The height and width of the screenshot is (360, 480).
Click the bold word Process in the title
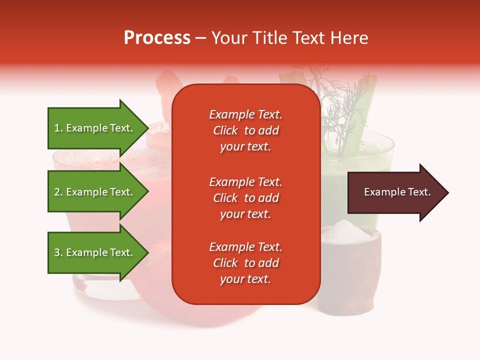click(x=157, y=38)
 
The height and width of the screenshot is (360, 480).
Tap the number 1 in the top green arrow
click(x=57, y=128)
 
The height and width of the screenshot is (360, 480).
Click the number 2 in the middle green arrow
click(x=57, y=192)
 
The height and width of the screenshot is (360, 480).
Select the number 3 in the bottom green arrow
click(x=57, y=252)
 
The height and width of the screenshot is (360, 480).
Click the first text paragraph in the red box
click(x=245, y=130)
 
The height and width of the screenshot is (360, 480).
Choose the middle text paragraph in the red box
click(x=245, y=198)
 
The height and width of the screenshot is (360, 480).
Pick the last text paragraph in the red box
click(x=245, y=263)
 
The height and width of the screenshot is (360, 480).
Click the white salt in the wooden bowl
click(x=345, y=231)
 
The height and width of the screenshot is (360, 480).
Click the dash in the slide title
click(x=201, y=38)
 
